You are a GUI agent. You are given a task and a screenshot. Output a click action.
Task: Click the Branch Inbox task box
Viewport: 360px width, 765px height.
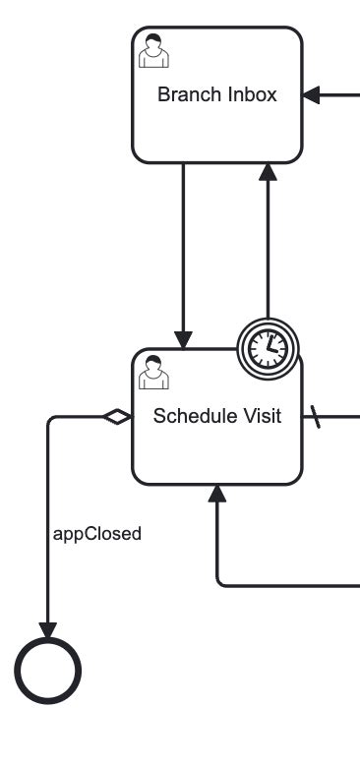[x=216, y=123]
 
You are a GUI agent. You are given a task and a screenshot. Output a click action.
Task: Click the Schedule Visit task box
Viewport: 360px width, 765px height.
[x=216, y=447]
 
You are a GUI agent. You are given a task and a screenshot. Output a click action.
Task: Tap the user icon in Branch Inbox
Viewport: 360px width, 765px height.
[x=151, y=49]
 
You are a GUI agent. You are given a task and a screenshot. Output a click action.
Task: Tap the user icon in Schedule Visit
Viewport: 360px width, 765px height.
[x=151, y=373]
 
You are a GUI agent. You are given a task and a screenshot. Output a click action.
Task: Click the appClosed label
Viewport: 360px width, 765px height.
[x=96, y=534]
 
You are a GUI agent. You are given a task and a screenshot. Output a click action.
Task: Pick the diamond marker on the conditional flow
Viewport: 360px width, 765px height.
[x=118, y=417]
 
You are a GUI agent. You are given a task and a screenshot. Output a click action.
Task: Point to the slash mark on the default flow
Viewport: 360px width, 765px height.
[x=317, y=417]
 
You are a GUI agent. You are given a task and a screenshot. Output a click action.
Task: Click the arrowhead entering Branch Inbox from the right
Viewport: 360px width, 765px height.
[x=312, y=95]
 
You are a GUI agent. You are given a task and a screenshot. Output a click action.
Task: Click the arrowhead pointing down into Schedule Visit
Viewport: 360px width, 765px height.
[x=184, y=338]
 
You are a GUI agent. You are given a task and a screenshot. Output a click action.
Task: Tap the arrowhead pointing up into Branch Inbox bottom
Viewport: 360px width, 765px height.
[x=268, y=172]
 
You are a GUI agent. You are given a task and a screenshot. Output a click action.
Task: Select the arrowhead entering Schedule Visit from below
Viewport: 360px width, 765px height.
[x=217, y=494]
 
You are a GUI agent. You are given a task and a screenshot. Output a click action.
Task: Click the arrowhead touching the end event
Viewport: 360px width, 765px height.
[x=47, y=628]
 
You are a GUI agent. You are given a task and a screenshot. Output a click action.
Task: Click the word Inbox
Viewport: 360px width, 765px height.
[x=253, y=95]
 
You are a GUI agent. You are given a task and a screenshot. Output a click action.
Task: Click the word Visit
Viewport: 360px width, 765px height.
[x=263, y=416]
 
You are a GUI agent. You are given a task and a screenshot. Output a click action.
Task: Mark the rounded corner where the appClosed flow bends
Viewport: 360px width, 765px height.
[x=50, y=420]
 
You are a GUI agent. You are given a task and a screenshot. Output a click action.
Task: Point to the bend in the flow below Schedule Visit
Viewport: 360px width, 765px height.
[x=220, y=583]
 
